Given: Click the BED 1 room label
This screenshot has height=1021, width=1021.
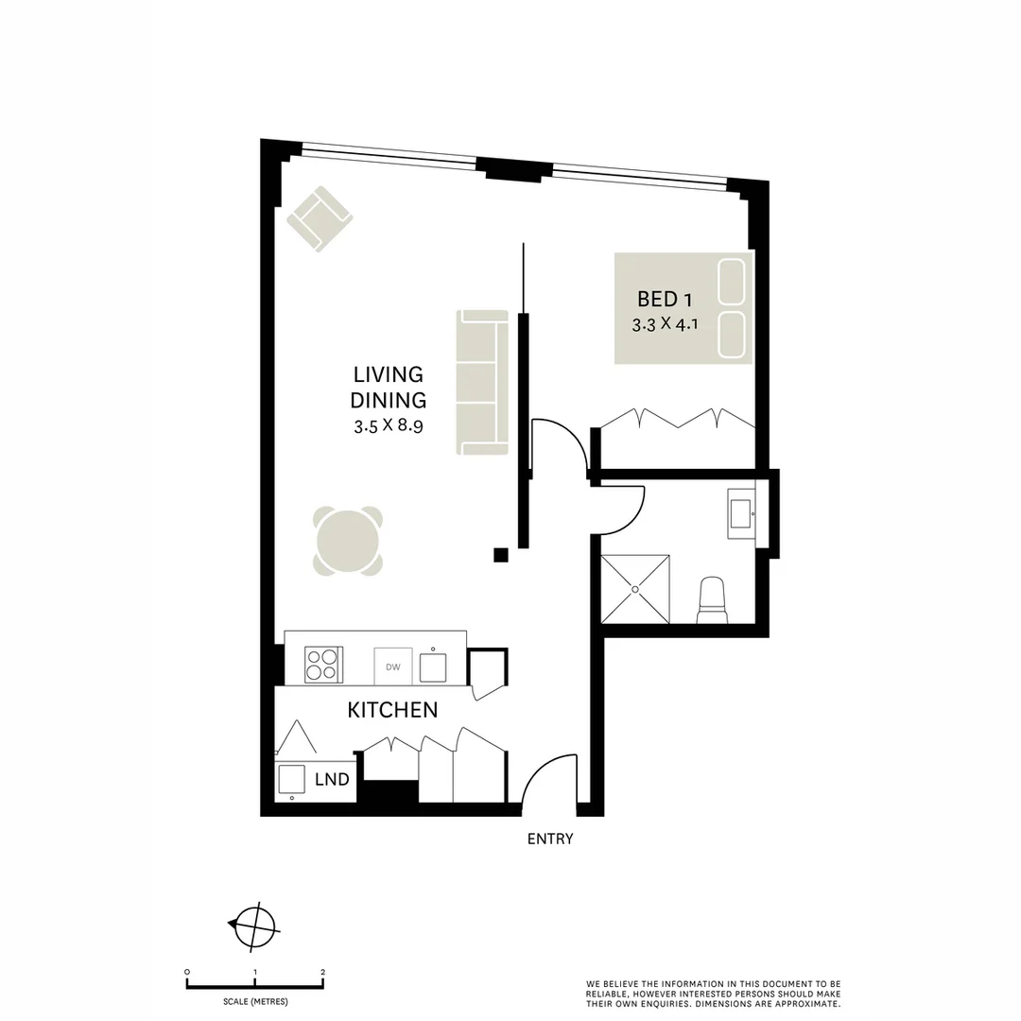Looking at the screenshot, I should [665, 300].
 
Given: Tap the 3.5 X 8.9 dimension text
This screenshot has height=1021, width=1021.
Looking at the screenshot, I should [388, 425].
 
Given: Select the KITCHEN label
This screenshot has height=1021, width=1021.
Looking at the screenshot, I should [392, 710].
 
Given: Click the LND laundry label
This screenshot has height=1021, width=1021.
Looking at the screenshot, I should [332, 780].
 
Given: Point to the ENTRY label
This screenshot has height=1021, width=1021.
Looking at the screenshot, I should [550, 839].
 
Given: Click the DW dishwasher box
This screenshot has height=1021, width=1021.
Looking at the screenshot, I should [393, 667].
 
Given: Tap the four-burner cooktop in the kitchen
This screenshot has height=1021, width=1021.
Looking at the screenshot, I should [321, 665].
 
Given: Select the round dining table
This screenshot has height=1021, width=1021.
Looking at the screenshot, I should [348, 541].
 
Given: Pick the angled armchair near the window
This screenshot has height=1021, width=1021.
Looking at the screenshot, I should [320, 218].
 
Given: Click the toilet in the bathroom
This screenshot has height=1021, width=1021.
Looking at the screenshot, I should [712, 602].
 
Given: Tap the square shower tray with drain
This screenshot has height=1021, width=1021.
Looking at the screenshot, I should [636, 589].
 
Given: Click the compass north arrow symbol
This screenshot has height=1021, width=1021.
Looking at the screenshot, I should [253, 925].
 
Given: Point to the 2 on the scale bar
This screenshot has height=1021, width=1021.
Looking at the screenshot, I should [323, 972].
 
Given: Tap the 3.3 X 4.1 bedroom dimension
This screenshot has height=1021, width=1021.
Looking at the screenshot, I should [664, 324].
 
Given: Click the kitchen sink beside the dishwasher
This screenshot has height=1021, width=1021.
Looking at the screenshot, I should [434, 666].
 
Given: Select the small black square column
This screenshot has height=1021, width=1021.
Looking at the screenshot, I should [501, 555].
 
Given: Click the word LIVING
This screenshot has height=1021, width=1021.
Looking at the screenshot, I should [388, 375].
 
